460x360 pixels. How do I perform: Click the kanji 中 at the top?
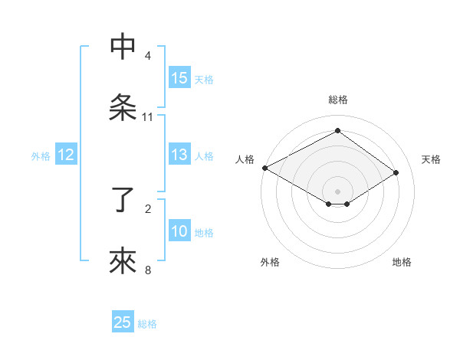123,47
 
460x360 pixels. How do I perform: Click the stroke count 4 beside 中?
147,56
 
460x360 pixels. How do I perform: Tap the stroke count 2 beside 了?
147,208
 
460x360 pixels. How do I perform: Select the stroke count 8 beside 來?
147,270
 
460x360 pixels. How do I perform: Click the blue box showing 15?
179,78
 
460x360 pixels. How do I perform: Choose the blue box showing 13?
179,155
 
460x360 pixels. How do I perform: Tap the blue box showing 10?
179,231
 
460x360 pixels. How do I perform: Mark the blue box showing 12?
66,155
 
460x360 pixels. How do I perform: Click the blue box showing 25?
123,323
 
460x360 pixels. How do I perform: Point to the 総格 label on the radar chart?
338,100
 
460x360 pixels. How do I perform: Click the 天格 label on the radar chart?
431,159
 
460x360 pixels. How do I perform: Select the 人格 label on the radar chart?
245,159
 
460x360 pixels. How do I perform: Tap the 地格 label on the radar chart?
402,262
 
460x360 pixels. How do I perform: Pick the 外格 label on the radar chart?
270,262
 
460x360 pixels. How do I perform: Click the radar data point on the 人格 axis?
264,168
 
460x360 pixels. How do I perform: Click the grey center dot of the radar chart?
338,191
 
